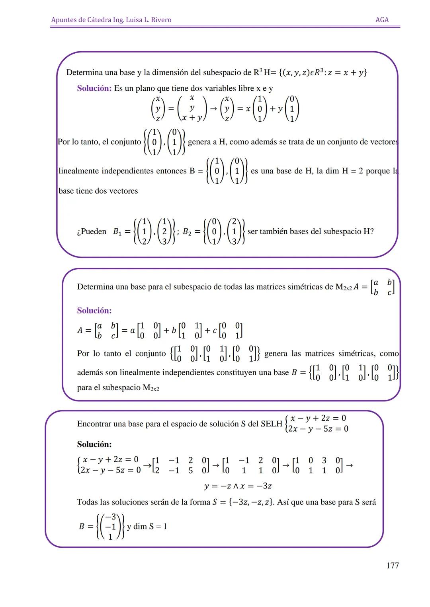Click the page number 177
[x=392, y=565]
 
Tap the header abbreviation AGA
[x=382, y=20]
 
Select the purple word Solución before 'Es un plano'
[x=94, y=88]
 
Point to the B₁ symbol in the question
[x=119, y=232]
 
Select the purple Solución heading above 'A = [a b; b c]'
[x=94, y=310]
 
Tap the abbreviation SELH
[x=271, y=424]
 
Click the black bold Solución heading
[x=94, y=444]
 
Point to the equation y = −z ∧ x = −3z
[x=238, y=486]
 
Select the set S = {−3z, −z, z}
[x=243, y=502]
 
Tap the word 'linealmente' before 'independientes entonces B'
[x=78, y=171]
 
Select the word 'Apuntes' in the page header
[x=64, y=20]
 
